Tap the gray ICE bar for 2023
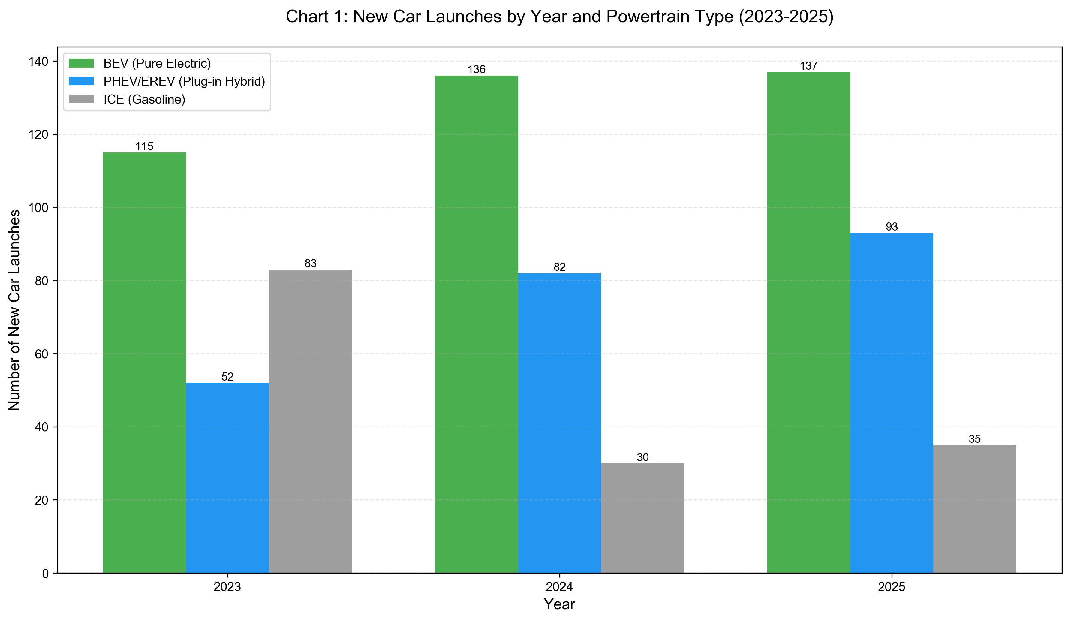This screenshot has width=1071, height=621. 310,421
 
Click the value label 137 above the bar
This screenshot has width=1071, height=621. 808,66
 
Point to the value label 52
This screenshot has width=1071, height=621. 227,377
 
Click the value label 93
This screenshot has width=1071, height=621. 891,227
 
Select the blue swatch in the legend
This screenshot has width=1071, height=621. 81,81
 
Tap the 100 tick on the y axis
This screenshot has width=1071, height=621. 38,208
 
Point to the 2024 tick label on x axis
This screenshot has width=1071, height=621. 559,587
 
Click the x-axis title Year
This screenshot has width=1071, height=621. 559,604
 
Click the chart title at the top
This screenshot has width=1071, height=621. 559,17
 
